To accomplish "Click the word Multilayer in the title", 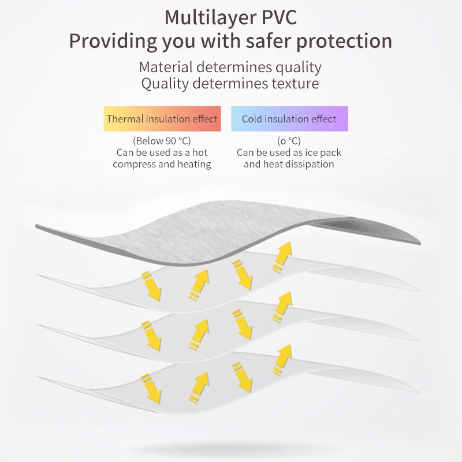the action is tap(210, 18).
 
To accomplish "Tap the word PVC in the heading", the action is tap(280, 17).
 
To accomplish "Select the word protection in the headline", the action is tap(344, 41).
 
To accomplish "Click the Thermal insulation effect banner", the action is tap(162, 119).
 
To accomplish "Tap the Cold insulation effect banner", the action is tap(289, 119).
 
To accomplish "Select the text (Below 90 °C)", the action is tap(162, 141).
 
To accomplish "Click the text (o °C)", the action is tap(289, 141).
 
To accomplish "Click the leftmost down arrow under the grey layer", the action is tap(151, 286).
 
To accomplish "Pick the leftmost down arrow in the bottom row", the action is tap(151, 388).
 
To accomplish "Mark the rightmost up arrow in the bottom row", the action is tap(282, 360).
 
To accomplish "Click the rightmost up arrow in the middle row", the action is tap(282, 308).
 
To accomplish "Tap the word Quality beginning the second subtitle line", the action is tap(165, 84).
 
